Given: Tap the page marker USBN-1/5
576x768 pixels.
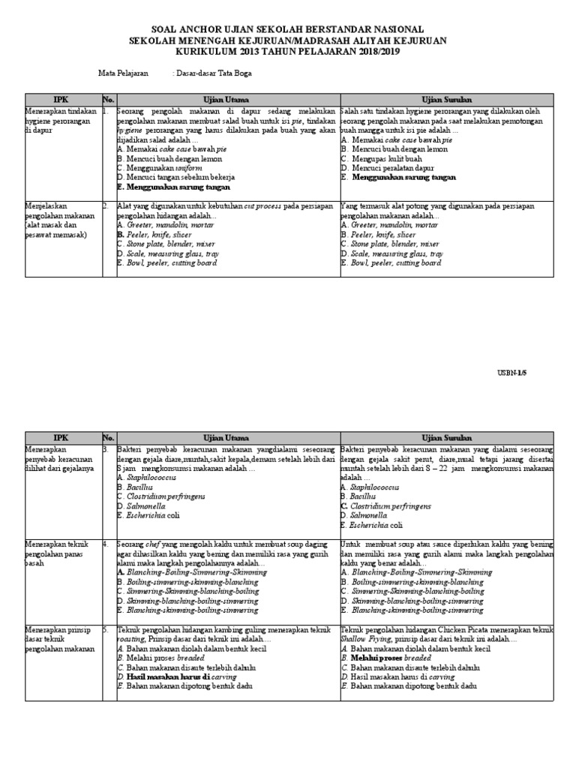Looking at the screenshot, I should tap(533, 373).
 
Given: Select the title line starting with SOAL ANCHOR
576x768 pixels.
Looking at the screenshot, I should tap(287, 28).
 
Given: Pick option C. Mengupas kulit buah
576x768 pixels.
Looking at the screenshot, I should tap(382, 159).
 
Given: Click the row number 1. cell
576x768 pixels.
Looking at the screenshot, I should tap(108, 111).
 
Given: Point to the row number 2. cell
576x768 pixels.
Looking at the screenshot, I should tap(108, 205).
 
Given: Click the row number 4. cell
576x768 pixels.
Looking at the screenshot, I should tap(108, 544).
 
